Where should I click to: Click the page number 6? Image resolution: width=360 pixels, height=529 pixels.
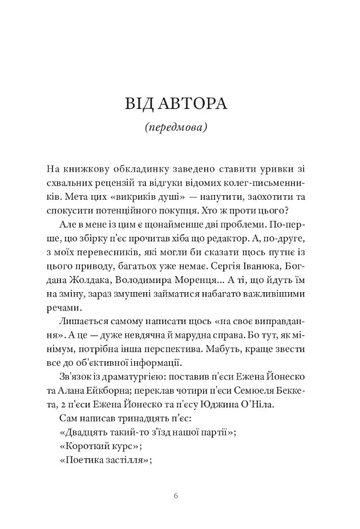pyautogui.click(x=176, y=495)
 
